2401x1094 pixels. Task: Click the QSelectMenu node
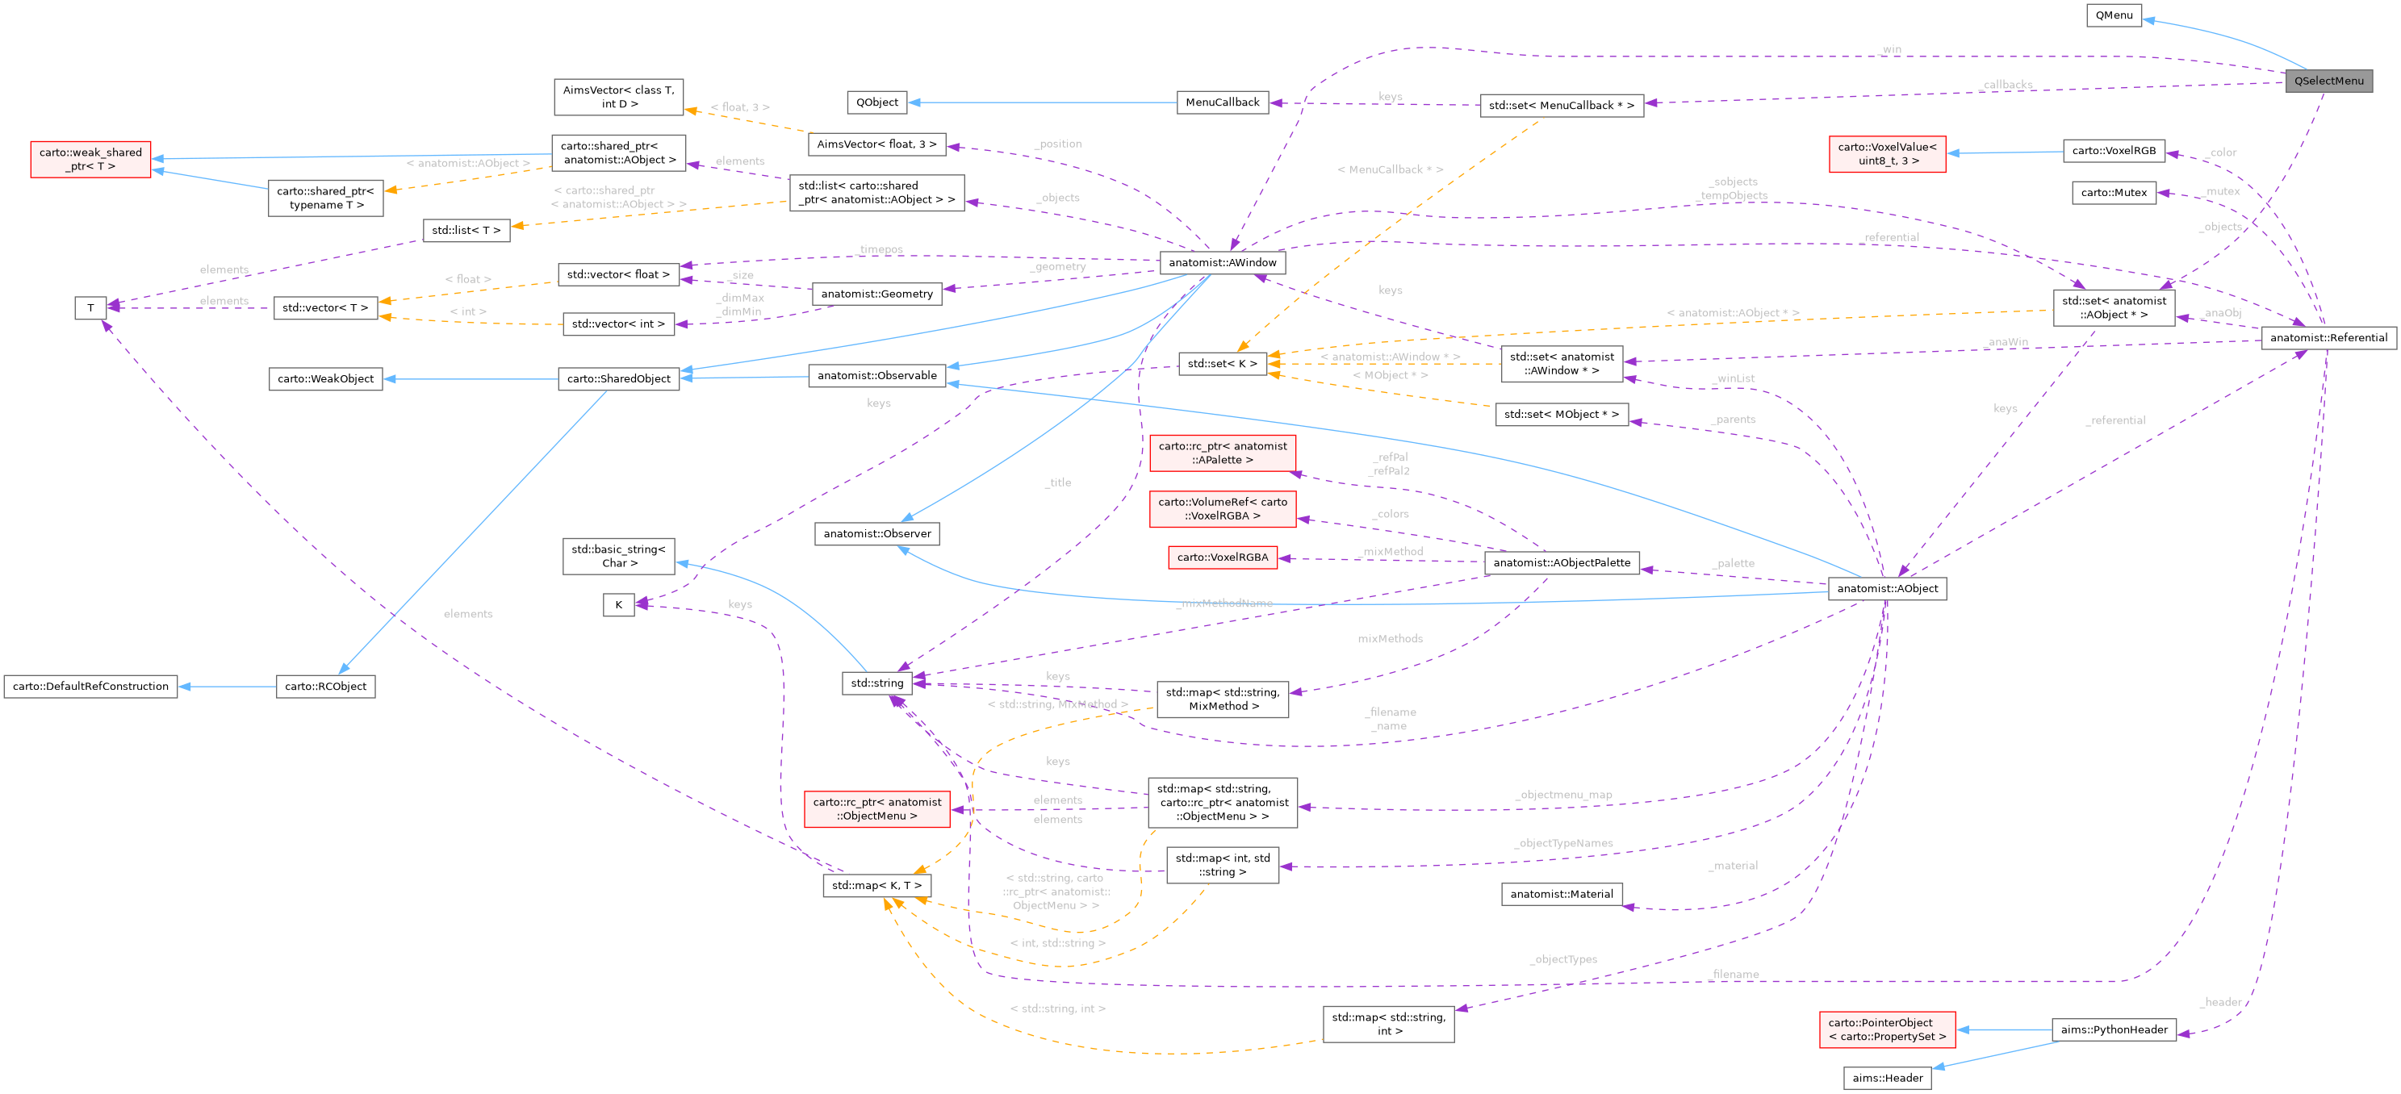click(x=2328, y=81)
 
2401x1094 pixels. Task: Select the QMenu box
click(x=2113, y=15)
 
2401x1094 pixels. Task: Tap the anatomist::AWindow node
click(x=1222, y=263)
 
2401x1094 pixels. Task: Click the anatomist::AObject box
click(x=1887, y=588)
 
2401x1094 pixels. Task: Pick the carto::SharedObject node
click(x=618, y=378)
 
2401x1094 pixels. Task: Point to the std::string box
click(x=876, y=683)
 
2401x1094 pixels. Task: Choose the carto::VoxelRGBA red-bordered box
click(x=1222, y=557)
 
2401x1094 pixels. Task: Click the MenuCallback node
click(x=1222, y=102)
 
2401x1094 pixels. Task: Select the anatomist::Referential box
click(x=2328, y=337)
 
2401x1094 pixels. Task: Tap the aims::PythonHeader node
click(x=2113, y=1029)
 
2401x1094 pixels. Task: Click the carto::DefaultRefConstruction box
click(x=90, y=686)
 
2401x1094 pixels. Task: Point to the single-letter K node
click(x=618, y=605)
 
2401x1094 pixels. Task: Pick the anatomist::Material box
click(x=1560, y=894)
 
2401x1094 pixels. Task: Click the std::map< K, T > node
click(x=876, y=885)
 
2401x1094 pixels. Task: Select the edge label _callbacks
click(x=2006, y=85)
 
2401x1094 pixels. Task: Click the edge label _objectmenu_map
click(x=1563, y=795)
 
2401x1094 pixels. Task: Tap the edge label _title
click(x=1057, y=482)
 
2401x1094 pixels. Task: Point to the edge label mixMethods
click(x=1390, y=639)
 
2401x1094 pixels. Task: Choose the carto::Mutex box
click(x=2113, y=193)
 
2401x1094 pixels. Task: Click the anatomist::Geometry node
click(x=876, y=294)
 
